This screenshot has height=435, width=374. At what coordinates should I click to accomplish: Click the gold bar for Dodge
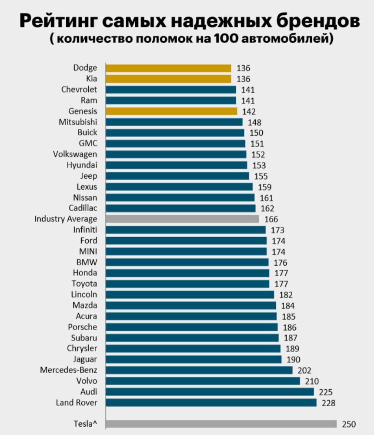(169, 68)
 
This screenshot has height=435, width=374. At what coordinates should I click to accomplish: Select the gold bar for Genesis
(171, 111)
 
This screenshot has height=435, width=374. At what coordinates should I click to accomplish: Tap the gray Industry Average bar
(182, 219)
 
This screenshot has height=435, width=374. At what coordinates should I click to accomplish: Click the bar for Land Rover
(211, 403)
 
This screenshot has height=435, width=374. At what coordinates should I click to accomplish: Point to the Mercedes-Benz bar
(199, 370)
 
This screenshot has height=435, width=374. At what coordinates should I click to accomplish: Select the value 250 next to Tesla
(349, 425)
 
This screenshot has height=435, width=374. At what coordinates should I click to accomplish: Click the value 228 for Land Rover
(328, 403)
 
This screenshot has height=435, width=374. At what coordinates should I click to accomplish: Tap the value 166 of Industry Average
(271, 220)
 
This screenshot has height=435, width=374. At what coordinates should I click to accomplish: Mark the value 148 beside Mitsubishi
(254, 123)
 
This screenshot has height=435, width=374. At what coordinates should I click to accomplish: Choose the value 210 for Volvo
(312, 381)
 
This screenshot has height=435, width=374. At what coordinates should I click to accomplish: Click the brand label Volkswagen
(75, 154)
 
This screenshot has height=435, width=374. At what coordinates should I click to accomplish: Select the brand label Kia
(91, 79)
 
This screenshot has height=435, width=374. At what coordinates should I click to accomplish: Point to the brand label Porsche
(83, 327)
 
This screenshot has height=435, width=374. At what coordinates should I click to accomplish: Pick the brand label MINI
(88, 251)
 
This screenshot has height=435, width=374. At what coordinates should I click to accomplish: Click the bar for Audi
(210, 392)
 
